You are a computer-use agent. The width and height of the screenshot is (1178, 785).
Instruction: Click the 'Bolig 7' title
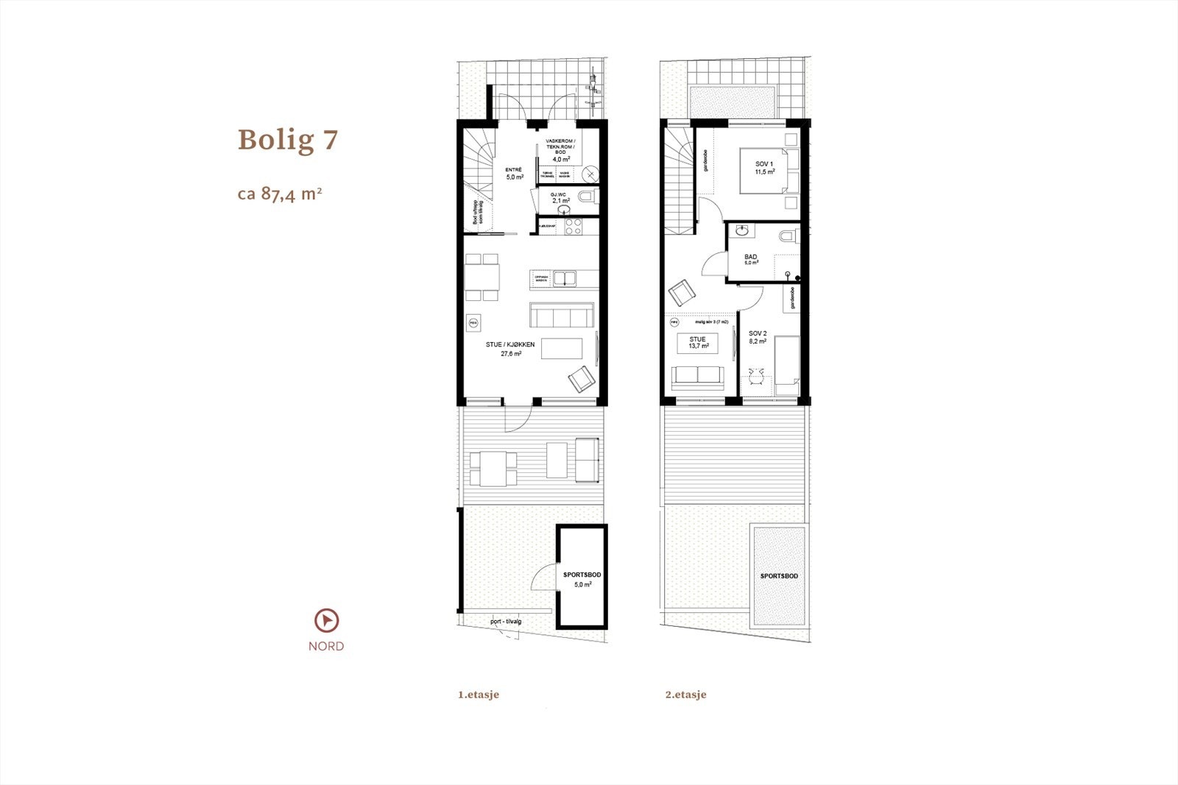coord(288,139)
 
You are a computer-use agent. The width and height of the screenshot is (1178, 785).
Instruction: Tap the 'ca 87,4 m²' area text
coord(280,194)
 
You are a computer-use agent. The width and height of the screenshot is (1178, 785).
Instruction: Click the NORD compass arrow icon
coord(325,621)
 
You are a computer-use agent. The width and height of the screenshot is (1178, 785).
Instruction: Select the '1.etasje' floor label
coord(479,695)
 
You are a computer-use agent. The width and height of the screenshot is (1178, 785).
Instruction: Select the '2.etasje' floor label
coord(685,695)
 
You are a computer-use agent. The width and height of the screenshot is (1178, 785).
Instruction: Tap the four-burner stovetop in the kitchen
coord(573,227)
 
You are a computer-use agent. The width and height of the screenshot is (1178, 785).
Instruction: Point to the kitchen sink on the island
coord(565,279)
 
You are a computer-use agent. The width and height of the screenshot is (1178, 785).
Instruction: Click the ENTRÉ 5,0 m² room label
coord(514,174)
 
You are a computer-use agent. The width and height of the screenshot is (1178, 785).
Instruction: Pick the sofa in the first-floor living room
coord(562,315)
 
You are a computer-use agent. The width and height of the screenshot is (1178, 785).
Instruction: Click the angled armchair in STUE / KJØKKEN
coord(582,380)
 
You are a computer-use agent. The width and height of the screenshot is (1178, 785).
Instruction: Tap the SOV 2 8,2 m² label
coord(758,337)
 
